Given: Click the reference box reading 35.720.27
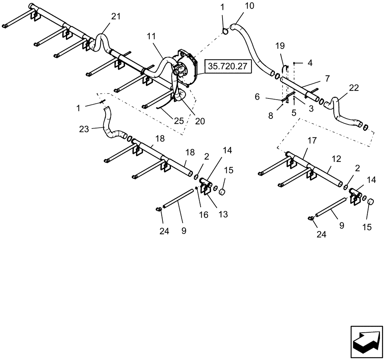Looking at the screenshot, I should pos(228,66).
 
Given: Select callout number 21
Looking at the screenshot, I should pos(115,17).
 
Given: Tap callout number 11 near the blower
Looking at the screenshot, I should pos(151,37).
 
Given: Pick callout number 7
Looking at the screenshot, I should pos(327,78).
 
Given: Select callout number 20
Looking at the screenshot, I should pos(200,121).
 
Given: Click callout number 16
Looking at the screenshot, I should pos(203,215).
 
